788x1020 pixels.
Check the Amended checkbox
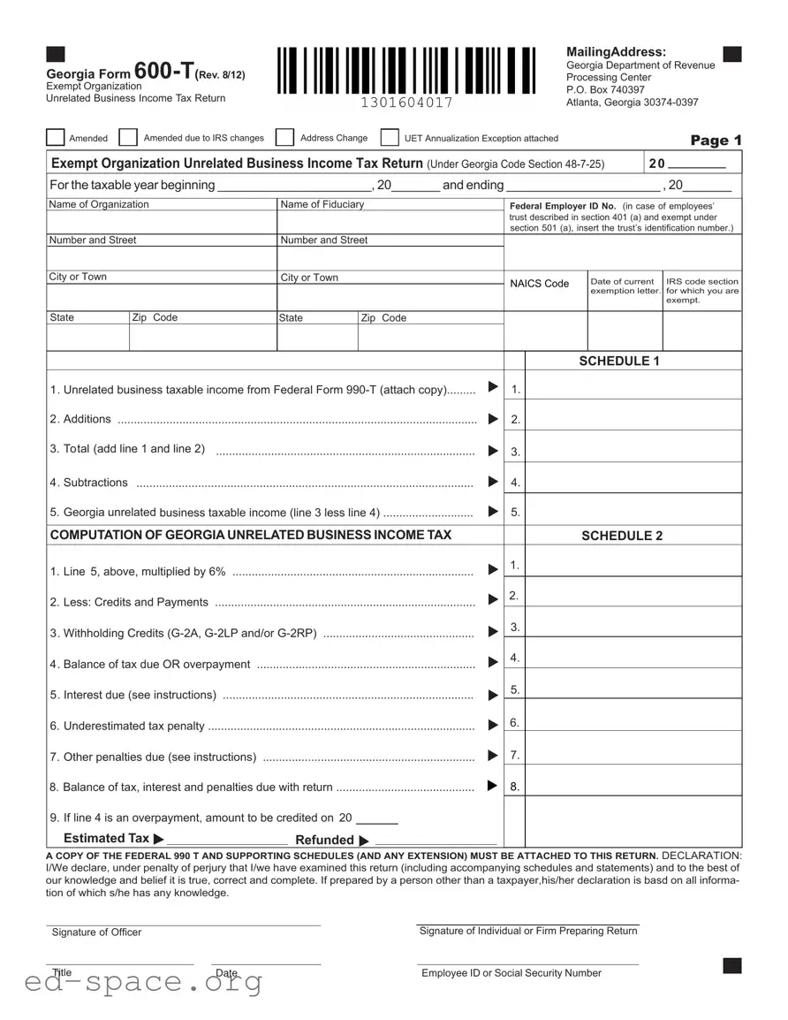click(56, 138)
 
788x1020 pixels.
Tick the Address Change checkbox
click(284, 138)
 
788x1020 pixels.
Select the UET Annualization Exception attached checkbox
click(390, 138)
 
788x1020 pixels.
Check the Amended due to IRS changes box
click(128, 138)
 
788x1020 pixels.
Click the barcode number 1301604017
click(406, 103)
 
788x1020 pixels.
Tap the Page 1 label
click(716, 141)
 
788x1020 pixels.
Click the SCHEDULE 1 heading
click(618, 361)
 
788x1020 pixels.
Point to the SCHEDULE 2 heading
click(621, 536)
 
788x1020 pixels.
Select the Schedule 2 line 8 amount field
click(633, 781)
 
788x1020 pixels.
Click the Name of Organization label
click(99, 204)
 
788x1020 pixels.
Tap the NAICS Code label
click(539, 284)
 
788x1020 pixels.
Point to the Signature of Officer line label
click(96, 932)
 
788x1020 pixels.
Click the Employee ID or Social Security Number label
click(511, 973)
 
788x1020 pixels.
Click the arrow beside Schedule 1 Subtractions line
click(493, 482)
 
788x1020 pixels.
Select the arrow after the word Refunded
click(365, 841)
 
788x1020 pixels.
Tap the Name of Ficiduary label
click(322, 204)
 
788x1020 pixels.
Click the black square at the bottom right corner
click(731, 965)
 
